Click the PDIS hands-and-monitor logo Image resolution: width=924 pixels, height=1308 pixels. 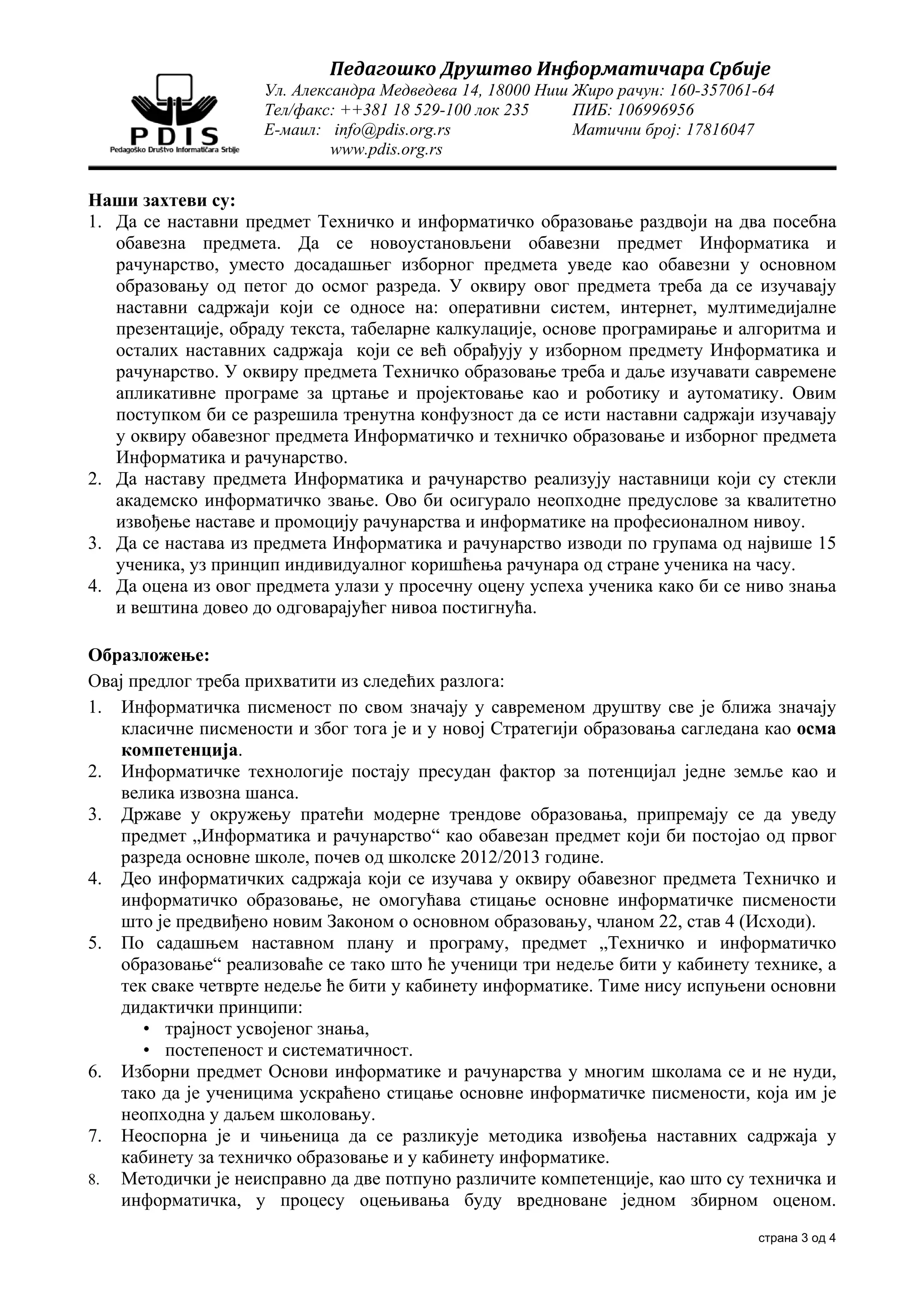point(175,114)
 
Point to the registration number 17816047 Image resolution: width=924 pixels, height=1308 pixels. point(720,130)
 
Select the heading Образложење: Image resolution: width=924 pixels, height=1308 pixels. point(149,655)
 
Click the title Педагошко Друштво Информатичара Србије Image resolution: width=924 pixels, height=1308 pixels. point(550,69)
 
